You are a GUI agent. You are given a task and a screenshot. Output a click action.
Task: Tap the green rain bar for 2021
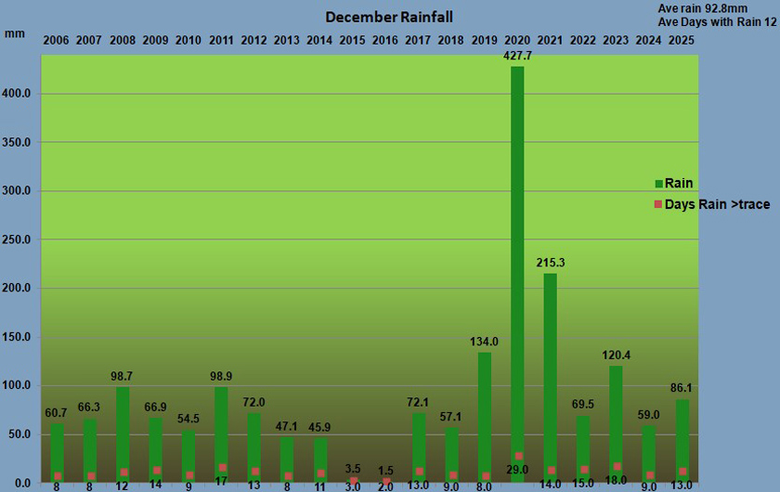pyautogui.click(x=550, y=371)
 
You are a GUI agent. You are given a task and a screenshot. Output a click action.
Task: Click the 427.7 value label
pyautogui.click(x=517, y=56)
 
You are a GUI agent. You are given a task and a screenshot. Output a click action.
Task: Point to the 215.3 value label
pyautogui.click(x=550, y=263)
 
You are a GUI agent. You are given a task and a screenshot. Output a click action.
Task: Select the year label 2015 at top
pyautogui.click(x=352, y=40)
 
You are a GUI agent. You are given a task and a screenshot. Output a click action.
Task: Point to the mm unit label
pyautogui.click(x=15, y=34)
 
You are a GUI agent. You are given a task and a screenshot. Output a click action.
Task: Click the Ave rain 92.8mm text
pyautogui.click(x=702, y=8)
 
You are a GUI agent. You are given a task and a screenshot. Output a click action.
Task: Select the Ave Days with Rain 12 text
pyautogui.click(x=715, y=22)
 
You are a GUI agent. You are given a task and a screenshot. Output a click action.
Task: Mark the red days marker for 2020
pyautogui.click(x=517, y=456)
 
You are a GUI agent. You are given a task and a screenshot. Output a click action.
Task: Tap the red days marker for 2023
pyautogui.click(x=617, y=466)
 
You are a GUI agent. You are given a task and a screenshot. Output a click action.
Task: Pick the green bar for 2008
pyautogui.click(x=123, y=432)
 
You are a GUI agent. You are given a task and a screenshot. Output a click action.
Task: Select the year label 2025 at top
pyautogui.click(x=682, y=40)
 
